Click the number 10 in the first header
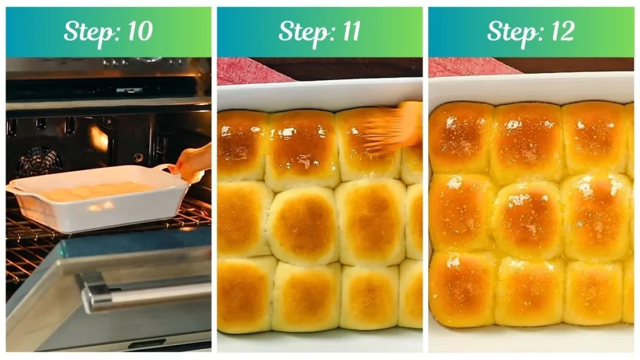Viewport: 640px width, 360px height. point(139,32)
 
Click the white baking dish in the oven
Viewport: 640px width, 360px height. point(94,200)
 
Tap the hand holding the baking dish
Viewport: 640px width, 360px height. point(192,161)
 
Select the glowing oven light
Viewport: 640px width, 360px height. point(99,139)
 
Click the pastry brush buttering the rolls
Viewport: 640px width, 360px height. point(391,128)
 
